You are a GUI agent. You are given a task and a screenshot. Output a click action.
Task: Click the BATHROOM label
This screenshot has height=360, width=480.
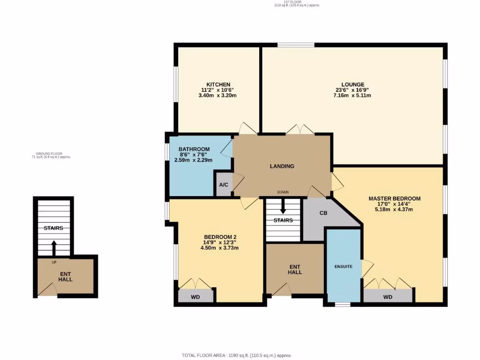pyautogui.click(x=194, y=149)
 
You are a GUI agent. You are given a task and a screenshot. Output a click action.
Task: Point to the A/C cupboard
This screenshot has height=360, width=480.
pyautogui.click(x=224, y=185)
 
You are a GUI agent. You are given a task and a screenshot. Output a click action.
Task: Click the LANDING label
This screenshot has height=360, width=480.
pyautogui.click(x=282, y=166)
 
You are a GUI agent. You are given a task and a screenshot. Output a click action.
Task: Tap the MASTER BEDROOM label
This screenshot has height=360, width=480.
pyautogui.click(x=394, y=198)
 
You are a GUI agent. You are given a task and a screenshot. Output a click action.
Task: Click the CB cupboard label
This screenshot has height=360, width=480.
pyautogui.click(x=323, y=213)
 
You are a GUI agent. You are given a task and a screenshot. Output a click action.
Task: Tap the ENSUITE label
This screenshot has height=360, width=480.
pyautogui.click(x=343, y=266)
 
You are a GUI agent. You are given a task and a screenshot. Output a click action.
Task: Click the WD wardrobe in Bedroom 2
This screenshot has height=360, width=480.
pyautogui.click(x=195, y=297)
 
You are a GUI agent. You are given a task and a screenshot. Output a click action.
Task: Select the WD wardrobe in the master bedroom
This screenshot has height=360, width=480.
pyautogui.click(x=388, y=297)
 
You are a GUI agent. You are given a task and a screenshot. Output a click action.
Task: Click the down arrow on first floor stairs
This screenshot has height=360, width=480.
pyautogui.click(x=283, y=207)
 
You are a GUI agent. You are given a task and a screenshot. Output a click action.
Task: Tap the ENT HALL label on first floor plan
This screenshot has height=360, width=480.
pyautogui.click(x=295, y=269)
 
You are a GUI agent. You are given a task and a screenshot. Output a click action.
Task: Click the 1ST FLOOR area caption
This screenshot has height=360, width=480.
pyautogui.click(x=297, y=4)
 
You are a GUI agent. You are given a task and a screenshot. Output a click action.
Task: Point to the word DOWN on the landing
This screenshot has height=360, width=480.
pyautogui.click(x=283, y=192)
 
